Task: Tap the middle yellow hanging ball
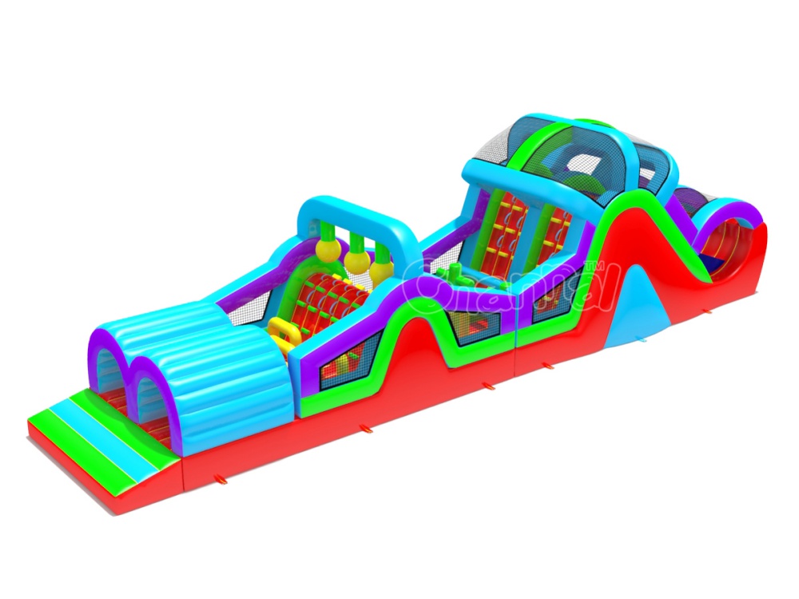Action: (356, 264)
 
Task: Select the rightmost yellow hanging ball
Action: (383, 272)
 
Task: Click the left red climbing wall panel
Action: (507, 232)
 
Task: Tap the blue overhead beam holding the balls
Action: (352, 216)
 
